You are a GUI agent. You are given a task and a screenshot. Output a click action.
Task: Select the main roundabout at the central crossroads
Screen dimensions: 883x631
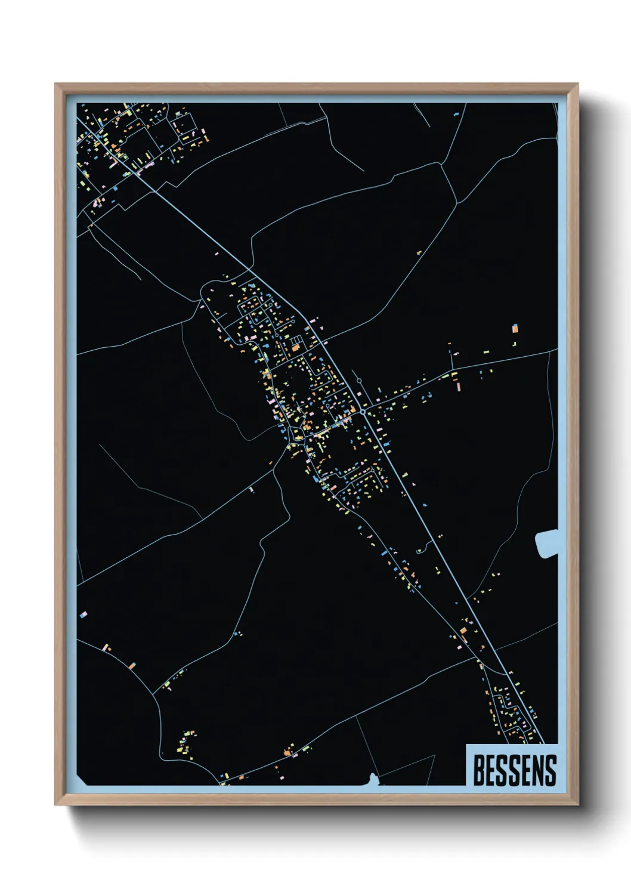tap(363, 412)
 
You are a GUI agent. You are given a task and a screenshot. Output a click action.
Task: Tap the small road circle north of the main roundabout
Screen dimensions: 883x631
tap(359, 381)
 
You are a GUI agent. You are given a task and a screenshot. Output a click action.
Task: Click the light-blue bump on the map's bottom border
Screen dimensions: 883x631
tap(373, 778)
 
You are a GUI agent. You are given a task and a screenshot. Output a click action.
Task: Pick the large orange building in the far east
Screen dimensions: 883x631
tap(515, 328)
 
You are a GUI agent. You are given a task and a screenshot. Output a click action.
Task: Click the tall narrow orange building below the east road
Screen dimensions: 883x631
tap(458, 387)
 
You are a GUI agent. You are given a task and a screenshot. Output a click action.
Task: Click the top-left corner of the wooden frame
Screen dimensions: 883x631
tap(55, 84)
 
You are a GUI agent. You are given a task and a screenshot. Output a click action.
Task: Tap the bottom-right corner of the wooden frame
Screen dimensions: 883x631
tap(577, 805)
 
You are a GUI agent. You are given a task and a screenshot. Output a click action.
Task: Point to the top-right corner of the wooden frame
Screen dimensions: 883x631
tap(577, 84)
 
